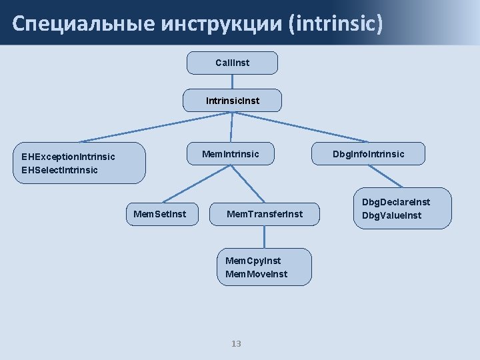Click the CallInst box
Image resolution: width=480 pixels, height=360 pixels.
[x=232, y=63]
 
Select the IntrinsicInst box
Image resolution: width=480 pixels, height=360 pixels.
[x=232, y=101]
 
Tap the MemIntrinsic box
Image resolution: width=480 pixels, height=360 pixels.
[x=231, y=154]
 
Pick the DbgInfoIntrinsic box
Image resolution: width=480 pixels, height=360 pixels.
[x=368, y=154]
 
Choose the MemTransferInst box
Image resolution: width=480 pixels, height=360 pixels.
[x=265, y=214]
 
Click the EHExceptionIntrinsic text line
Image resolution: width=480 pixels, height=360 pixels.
[x=68, y=157]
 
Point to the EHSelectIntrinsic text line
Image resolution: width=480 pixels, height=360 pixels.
[x=59, y=170]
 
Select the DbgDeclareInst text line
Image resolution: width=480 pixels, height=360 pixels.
[x=395, y=202]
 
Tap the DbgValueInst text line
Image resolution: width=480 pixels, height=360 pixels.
[x=391, y=215]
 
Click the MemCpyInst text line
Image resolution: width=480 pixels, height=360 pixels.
[x=253, y=261]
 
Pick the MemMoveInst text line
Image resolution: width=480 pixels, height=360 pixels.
[x=257, y=274]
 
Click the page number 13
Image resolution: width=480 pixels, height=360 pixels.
[x=235, y=343]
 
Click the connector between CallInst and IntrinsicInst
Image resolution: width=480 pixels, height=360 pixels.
[x=232, y=81]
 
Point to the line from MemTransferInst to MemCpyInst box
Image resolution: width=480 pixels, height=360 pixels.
[x=265, y=237]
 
